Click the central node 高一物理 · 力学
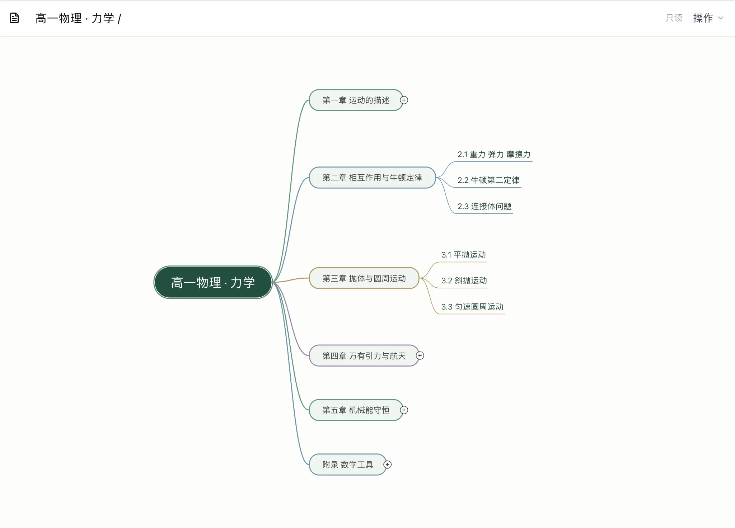[x=213, y=282]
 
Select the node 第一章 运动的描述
[x=356, y=100]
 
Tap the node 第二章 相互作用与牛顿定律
[x=372, y=178]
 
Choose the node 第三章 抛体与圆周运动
[x=364, y=278]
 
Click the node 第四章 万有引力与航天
[x=364, y=355]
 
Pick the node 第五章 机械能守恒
[x=356, y=410]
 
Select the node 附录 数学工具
[x=347, y=465]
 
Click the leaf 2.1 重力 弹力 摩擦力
[x=494, y=155]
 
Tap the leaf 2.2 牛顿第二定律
[x=488, y=180]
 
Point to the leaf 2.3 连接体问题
[x=484, y=206]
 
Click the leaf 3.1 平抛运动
[x=463, y=255]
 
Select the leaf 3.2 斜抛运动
[x=464, y=280]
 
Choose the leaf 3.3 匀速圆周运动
[x=472, y=307]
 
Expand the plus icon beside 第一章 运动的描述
[x=404, y=100]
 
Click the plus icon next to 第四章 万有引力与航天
[x=420, y=355]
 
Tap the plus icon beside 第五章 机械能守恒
[x=404, y=410]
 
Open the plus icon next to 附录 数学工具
[x=388, y=465]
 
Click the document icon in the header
[x=14, y=18]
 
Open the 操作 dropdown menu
[x=708, y=18]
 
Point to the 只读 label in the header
[x=674, y=18]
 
